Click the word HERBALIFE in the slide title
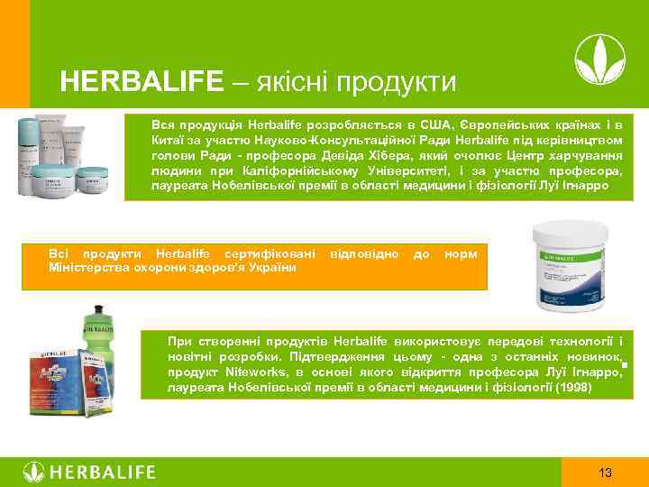point(141,83)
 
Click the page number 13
point(606,473)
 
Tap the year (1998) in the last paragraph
point(574,387)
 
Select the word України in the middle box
point(274,269)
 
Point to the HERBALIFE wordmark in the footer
point(102,473)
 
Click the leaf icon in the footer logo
point(33,473)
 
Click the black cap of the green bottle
point(97,308)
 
